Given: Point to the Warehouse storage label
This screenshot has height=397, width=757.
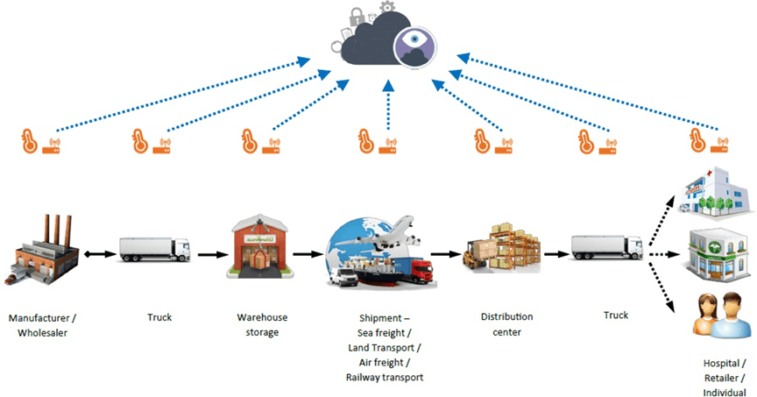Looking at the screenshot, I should (x=262, y=324).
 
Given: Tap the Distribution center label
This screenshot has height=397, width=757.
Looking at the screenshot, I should (x=506, y=324).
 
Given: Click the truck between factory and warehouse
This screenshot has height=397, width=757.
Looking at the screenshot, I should (x=154, y=249).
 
